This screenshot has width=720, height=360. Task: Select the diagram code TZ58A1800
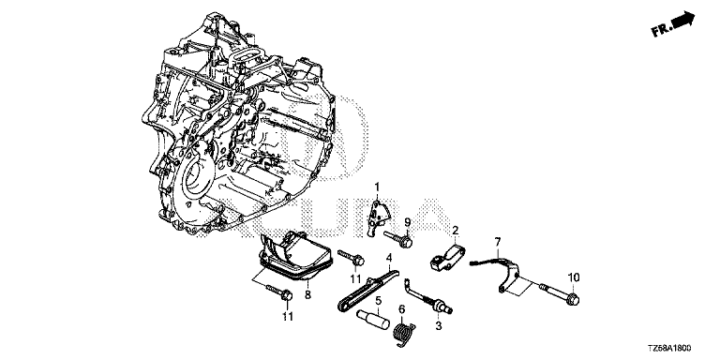(669, 349)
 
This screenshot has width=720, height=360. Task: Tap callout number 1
(377, 187)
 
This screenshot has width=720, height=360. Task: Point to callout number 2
(455, 230)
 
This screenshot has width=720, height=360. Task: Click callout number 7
(497, 241)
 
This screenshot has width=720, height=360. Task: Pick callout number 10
(574, 277)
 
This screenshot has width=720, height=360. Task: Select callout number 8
(307, 295)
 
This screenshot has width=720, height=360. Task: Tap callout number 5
(379, 301)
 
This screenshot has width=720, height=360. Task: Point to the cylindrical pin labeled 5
(373, 319)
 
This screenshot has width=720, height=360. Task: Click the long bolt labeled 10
(559, 293)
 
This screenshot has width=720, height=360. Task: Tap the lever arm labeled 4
(366, 292)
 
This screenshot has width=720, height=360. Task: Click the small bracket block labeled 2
(447, 258)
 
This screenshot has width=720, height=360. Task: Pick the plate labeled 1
(380, 216)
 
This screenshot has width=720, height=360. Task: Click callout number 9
(407, 223)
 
